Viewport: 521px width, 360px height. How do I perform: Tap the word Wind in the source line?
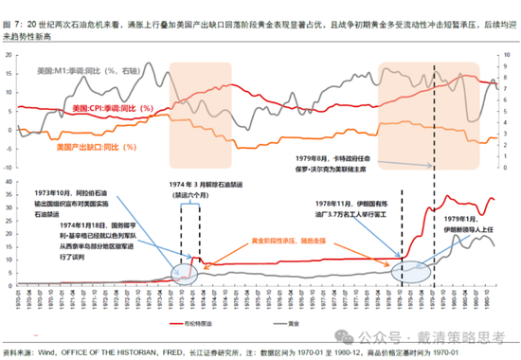pyautogui.click(x=38, y=353)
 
